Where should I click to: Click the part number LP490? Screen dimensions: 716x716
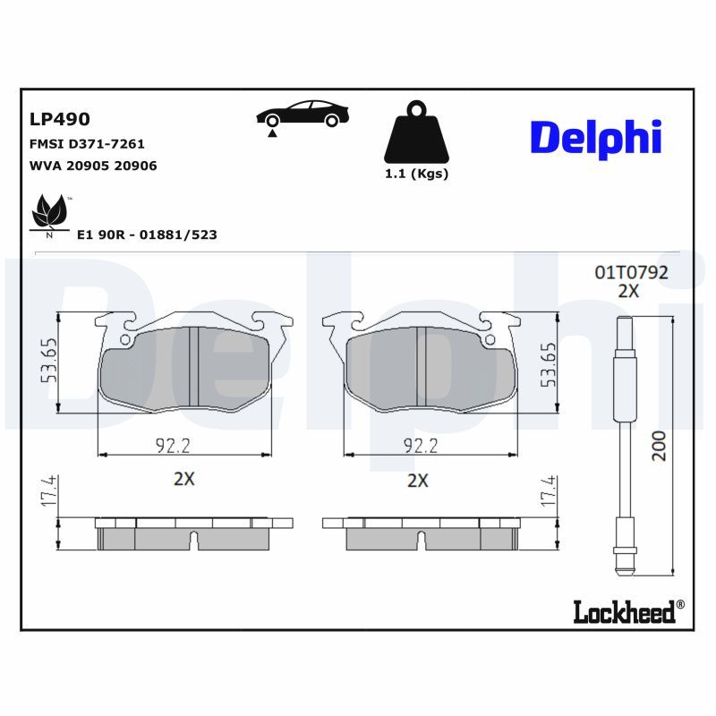click(60, 118)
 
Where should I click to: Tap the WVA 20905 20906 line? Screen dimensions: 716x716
click(93, 166)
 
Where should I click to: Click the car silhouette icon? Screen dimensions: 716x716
click(303, 115)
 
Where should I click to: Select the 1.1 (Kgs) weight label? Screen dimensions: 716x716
click(416, 174)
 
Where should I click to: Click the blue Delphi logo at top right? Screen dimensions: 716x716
click(596, 137)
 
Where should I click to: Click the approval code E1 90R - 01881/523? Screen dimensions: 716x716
click(147, 234)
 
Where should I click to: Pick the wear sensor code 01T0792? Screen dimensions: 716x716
click(631, 272)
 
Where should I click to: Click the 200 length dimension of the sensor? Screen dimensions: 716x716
click(660, 443)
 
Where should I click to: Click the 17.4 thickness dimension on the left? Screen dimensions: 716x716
click(50, 491)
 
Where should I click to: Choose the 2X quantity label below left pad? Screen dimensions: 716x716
click(183, 479)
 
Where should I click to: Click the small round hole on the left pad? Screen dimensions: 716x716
click(125, 339)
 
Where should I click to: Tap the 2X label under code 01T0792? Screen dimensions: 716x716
click(628, 291)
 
